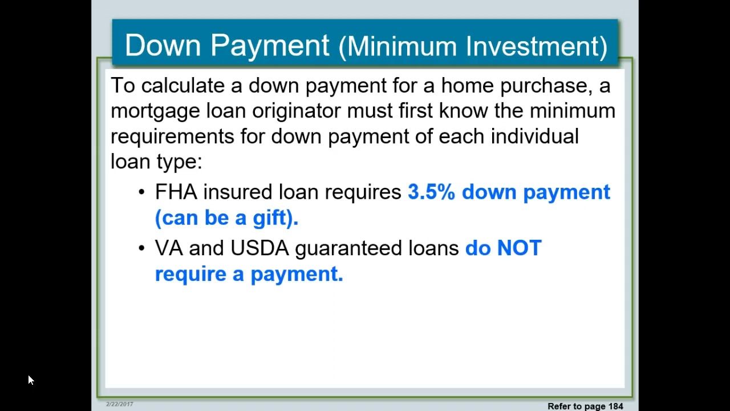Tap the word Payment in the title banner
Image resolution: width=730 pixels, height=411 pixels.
[x=270, y=46]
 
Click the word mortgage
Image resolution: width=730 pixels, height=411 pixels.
[x=155, y=111]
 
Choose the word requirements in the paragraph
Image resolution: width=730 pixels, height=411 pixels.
[x=172, y=136]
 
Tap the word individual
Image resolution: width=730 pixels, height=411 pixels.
[x=534, y=136]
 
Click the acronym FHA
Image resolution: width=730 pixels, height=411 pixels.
[x=176, y=192]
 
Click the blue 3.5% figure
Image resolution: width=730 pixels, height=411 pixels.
[x=431, y=192]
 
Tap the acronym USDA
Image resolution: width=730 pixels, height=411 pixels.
[x=259, y=248]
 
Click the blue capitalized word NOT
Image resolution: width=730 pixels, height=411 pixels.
[x=519, y=248]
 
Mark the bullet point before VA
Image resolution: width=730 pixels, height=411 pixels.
[x=141, y=249]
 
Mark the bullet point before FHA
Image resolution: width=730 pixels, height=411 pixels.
[x=141, y=192]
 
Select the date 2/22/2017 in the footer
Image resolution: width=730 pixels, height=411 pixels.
[x=119, y=404]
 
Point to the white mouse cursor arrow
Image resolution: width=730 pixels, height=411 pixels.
[x=31, y=380]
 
